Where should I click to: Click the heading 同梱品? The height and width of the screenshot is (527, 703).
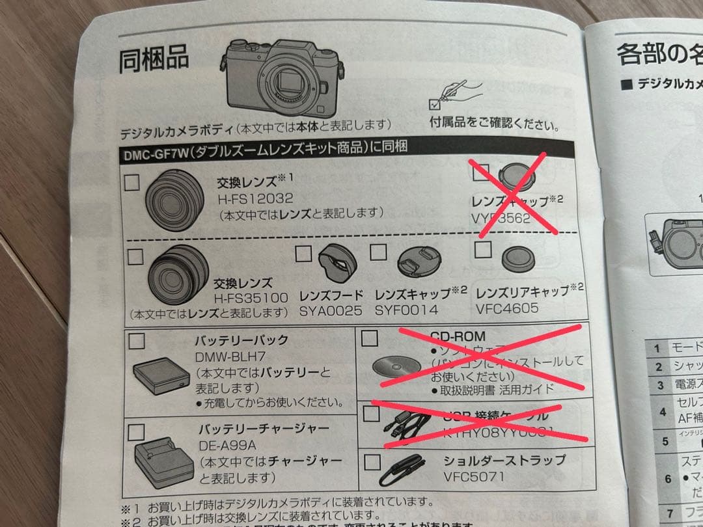(154, 60)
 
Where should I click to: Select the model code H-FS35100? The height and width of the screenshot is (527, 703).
(251, 299)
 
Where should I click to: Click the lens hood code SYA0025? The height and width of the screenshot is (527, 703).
(331, 311)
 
